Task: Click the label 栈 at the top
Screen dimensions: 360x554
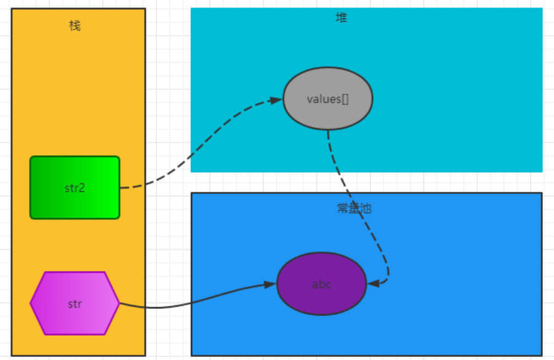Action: [x=74, y=25]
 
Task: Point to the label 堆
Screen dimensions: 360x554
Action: [x=341, y=18]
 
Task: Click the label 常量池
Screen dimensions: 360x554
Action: [x=354, y=209]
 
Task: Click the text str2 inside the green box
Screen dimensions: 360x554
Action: [x=74, y=188]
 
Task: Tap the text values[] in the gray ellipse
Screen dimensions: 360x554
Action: [x=327, y=99]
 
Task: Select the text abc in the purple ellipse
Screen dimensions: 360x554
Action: [x=321, y=284]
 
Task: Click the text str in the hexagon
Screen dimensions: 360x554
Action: [x=74, y=304]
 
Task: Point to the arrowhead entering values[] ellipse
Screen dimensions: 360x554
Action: [x=276, y=100]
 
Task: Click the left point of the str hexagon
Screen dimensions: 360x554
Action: [x=31, y=303]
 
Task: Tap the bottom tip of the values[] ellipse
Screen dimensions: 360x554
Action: [x=327, y=129]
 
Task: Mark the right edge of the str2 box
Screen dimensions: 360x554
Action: [x=119, y=188]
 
